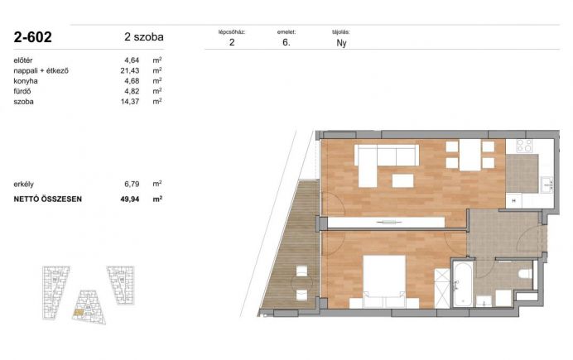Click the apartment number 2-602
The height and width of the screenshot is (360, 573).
[32, 37]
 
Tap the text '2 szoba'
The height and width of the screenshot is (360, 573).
[144, 37]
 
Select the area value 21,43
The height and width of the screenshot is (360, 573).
[130, 70]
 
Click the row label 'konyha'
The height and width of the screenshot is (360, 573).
[26, 81]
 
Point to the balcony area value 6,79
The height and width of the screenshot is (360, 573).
[132, 184]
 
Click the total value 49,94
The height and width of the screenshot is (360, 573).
[130, 199]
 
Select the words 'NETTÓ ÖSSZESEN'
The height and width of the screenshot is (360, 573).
[47, 199]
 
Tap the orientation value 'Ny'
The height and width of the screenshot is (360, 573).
[341, 43]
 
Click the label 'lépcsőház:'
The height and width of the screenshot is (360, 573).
[232, 32]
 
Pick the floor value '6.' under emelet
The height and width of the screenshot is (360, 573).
[286, 42]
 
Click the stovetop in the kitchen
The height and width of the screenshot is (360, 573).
[524, 146]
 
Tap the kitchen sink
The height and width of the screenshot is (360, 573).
[547, 185]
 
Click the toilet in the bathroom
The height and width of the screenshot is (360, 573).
[526, 274]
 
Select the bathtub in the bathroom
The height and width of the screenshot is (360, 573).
[463, 284]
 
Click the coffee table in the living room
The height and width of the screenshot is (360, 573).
[402, 180]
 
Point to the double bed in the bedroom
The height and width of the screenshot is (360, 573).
[384, 281]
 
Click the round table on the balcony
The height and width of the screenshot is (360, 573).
[302, 282]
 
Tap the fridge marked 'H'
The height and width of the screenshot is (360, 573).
[514, 201]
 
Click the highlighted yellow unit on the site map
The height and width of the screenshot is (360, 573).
[79, 312]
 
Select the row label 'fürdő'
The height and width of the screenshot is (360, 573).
[22, 91]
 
